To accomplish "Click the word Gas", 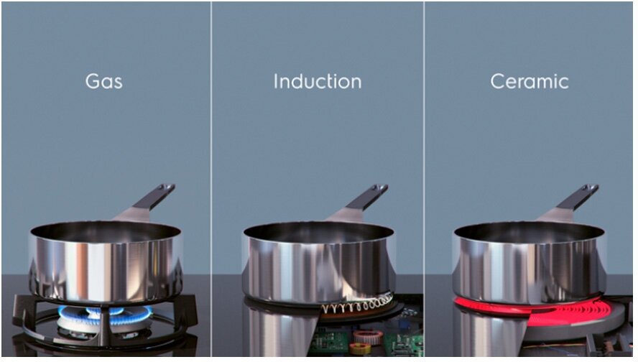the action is [103, 81].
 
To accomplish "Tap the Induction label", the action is [318, 81].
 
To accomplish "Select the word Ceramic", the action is [530, 81].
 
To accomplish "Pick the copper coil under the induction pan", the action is [358, 305].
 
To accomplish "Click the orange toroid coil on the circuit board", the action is [368, 337].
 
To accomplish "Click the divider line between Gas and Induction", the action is [211, 179].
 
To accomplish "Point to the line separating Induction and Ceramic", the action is [424, 179].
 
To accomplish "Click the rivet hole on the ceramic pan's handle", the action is [587, 189].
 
